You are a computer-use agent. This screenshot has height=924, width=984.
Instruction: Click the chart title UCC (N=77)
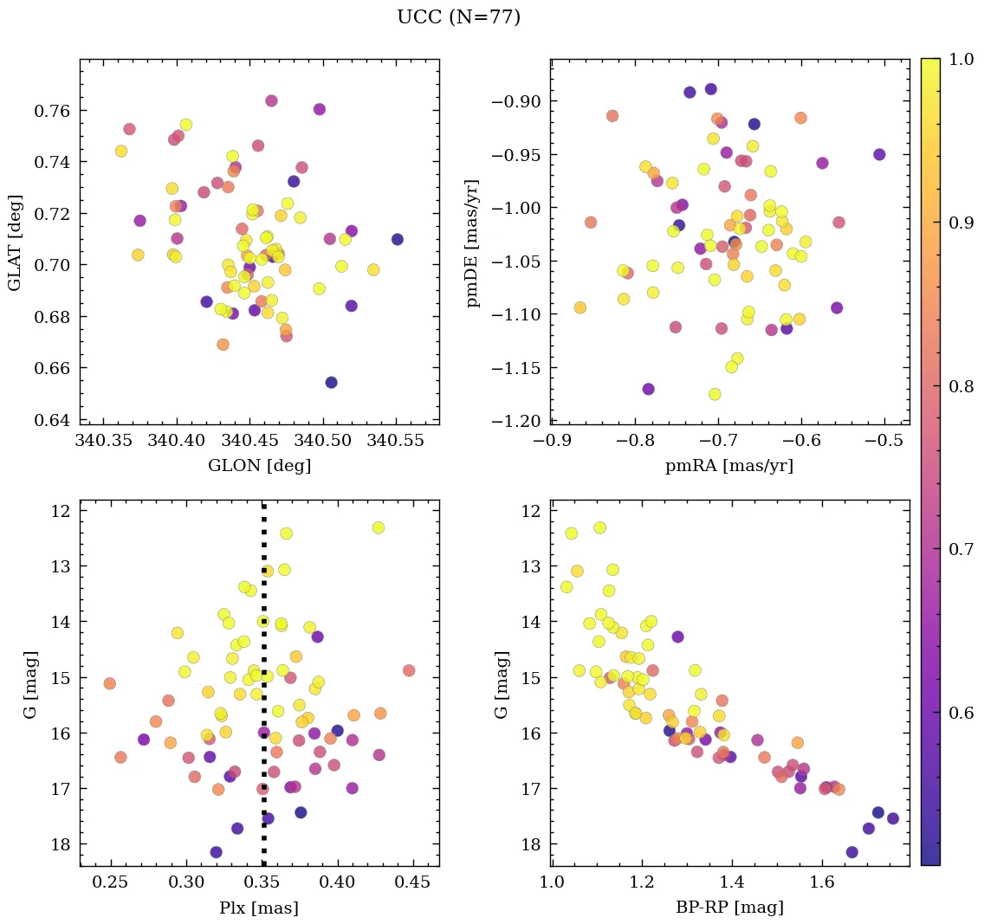[x=458, y=17]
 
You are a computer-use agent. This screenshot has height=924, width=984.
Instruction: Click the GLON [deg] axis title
[x=259, y=466]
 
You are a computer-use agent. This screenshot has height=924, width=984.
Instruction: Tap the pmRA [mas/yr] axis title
[x=728, y=466]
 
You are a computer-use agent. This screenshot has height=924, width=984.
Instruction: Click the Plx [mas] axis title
[x=259, y=908]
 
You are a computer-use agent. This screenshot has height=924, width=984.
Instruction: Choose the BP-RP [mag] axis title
[x=728, y=908]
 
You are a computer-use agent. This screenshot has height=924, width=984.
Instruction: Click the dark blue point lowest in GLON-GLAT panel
[x=331, y=383]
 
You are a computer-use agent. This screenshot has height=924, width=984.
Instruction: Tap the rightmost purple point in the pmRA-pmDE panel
[x=879, y=154]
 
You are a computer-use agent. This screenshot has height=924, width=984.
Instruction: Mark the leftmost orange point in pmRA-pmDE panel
[x=580, y=307]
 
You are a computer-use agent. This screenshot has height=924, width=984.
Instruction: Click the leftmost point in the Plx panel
[x=109, y=683]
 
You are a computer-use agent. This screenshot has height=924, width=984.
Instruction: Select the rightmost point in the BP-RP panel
[x=893, y=818]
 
